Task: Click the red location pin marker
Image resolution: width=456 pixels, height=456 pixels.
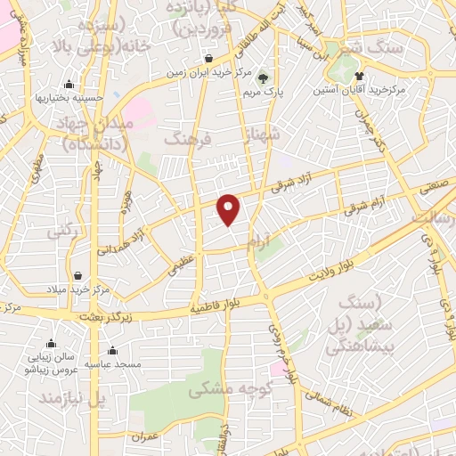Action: coord(230,209)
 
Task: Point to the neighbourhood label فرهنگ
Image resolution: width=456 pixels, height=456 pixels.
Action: coord(185,139)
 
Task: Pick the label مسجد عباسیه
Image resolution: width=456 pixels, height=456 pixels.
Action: coord(110,363)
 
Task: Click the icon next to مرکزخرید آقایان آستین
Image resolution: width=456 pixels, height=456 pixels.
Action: coord(360,76)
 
